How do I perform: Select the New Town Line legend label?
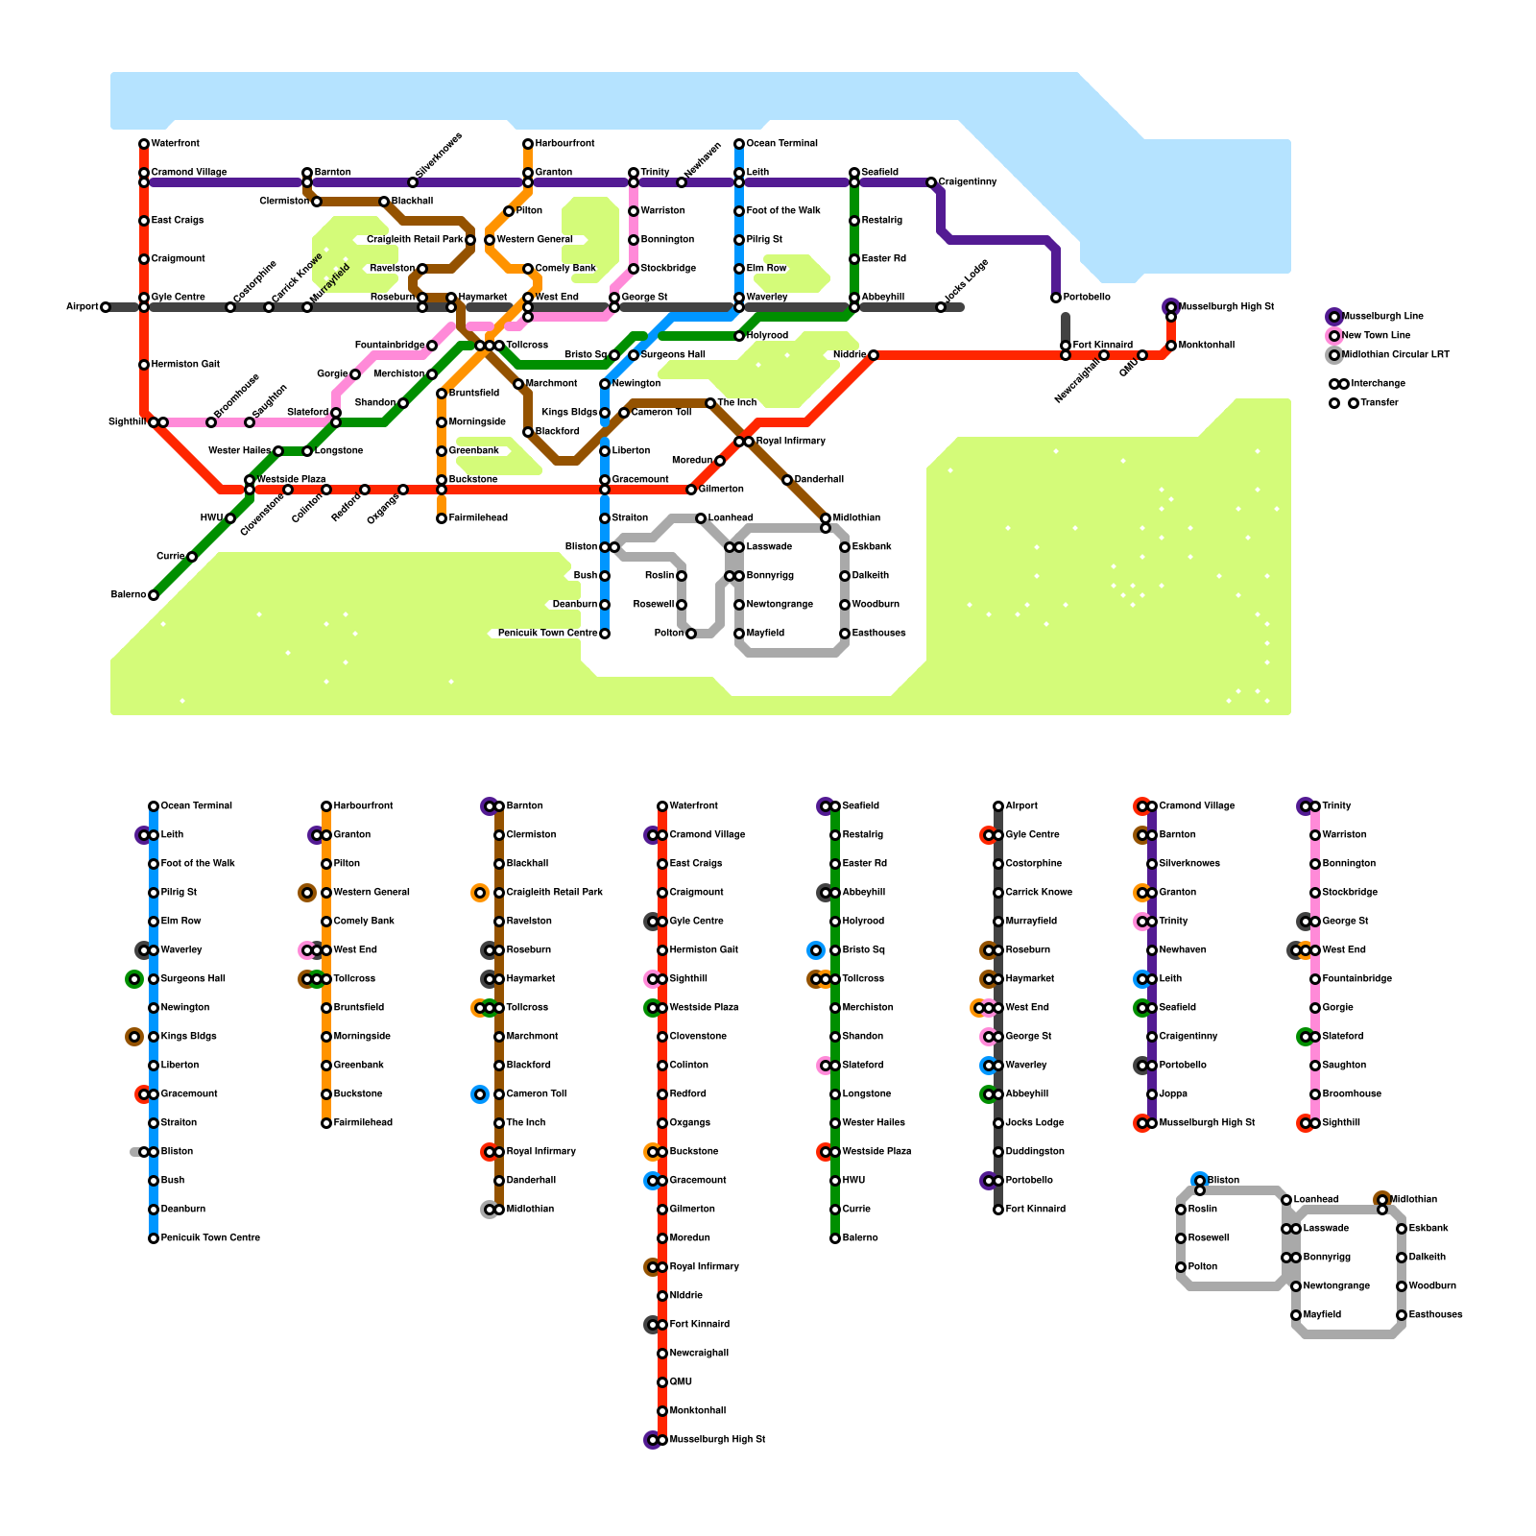[x=1376, y=336]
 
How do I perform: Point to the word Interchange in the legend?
[x=1378, y=384]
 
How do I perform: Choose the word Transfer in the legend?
[x=1380, y=403]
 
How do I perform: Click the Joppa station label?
[x=1172, y=1094]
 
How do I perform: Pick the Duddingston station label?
[x=1035, y=1152]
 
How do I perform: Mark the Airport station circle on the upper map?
[x=106, y=307]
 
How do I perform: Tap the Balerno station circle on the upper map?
[x=154, y=595]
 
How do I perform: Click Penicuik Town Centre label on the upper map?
[x=547, y=634]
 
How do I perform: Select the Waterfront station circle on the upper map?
[x=144, y=144]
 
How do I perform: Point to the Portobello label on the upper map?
[x=1087, y=298]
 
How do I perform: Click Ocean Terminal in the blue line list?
[x=196, y=806]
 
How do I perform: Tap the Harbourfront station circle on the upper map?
[x=528, y=144]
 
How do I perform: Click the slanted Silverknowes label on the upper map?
[x=439, y=156]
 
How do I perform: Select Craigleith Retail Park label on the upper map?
[x=415, y=240]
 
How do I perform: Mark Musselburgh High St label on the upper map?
[x=1226, y=307]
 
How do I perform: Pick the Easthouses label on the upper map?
[x=878, y=634]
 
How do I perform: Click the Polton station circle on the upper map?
[x=691, y=634]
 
